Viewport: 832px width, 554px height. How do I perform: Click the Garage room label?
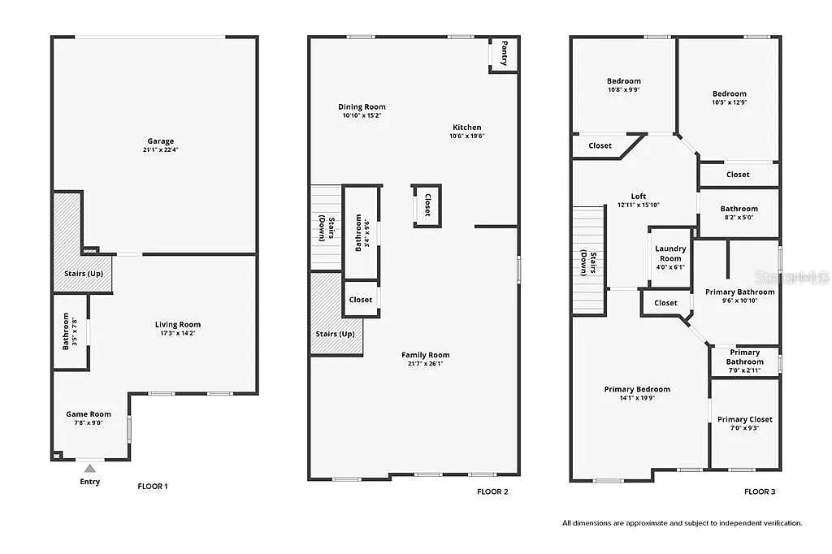tap(160, 141)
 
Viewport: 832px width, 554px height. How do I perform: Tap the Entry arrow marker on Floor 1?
tap(90, 468)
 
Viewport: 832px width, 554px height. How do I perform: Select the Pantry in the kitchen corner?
tap(504, 54)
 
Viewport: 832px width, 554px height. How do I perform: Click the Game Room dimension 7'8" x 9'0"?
tap(89, 422)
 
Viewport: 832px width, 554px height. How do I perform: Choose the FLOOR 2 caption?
tap(493, 491)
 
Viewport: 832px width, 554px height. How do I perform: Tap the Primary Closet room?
tap(744, 419)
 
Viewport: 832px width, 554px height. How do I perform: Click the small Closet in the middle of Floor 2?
tap(427, 205)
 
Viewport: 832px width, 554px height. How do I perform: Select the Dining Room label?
tap(362, 106)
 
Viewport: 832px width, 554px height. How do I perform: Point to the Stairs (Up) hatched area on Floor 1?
tap(83, 273)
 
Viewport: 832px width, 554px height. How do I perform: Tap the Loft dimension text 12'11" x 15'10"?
tap(638, 205)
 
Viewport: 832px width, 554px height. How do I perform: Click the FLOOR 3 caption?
tap(760, 491)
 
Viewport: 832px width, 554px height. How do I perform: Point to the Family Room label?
tap(425, 355)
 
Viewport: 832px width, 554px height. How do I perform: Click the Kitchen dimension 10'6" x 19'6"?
tap(466, 136)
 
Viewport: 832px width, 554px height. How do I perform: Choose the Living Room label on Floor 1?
tap(177, 325)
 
